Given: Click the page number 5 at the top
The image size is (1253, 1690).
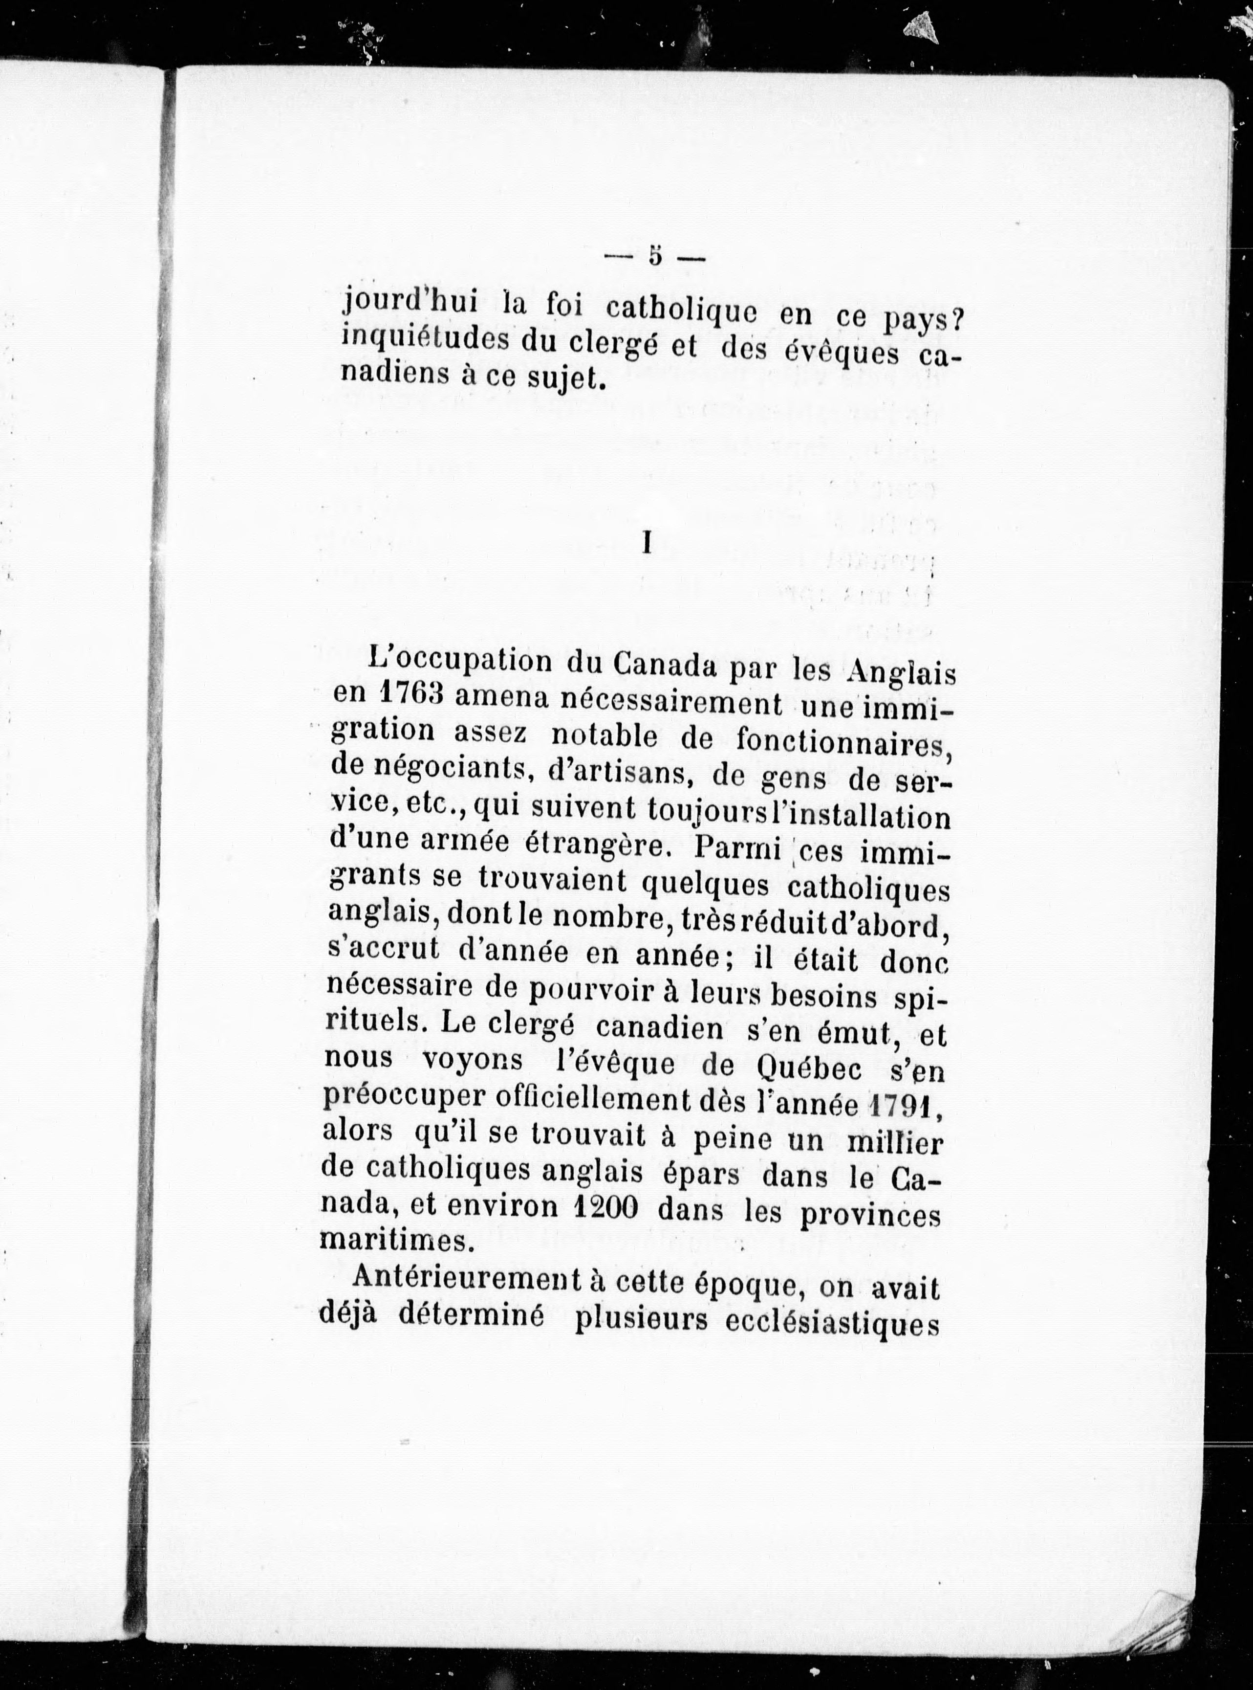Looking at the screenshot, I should (x=654, y=257).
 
